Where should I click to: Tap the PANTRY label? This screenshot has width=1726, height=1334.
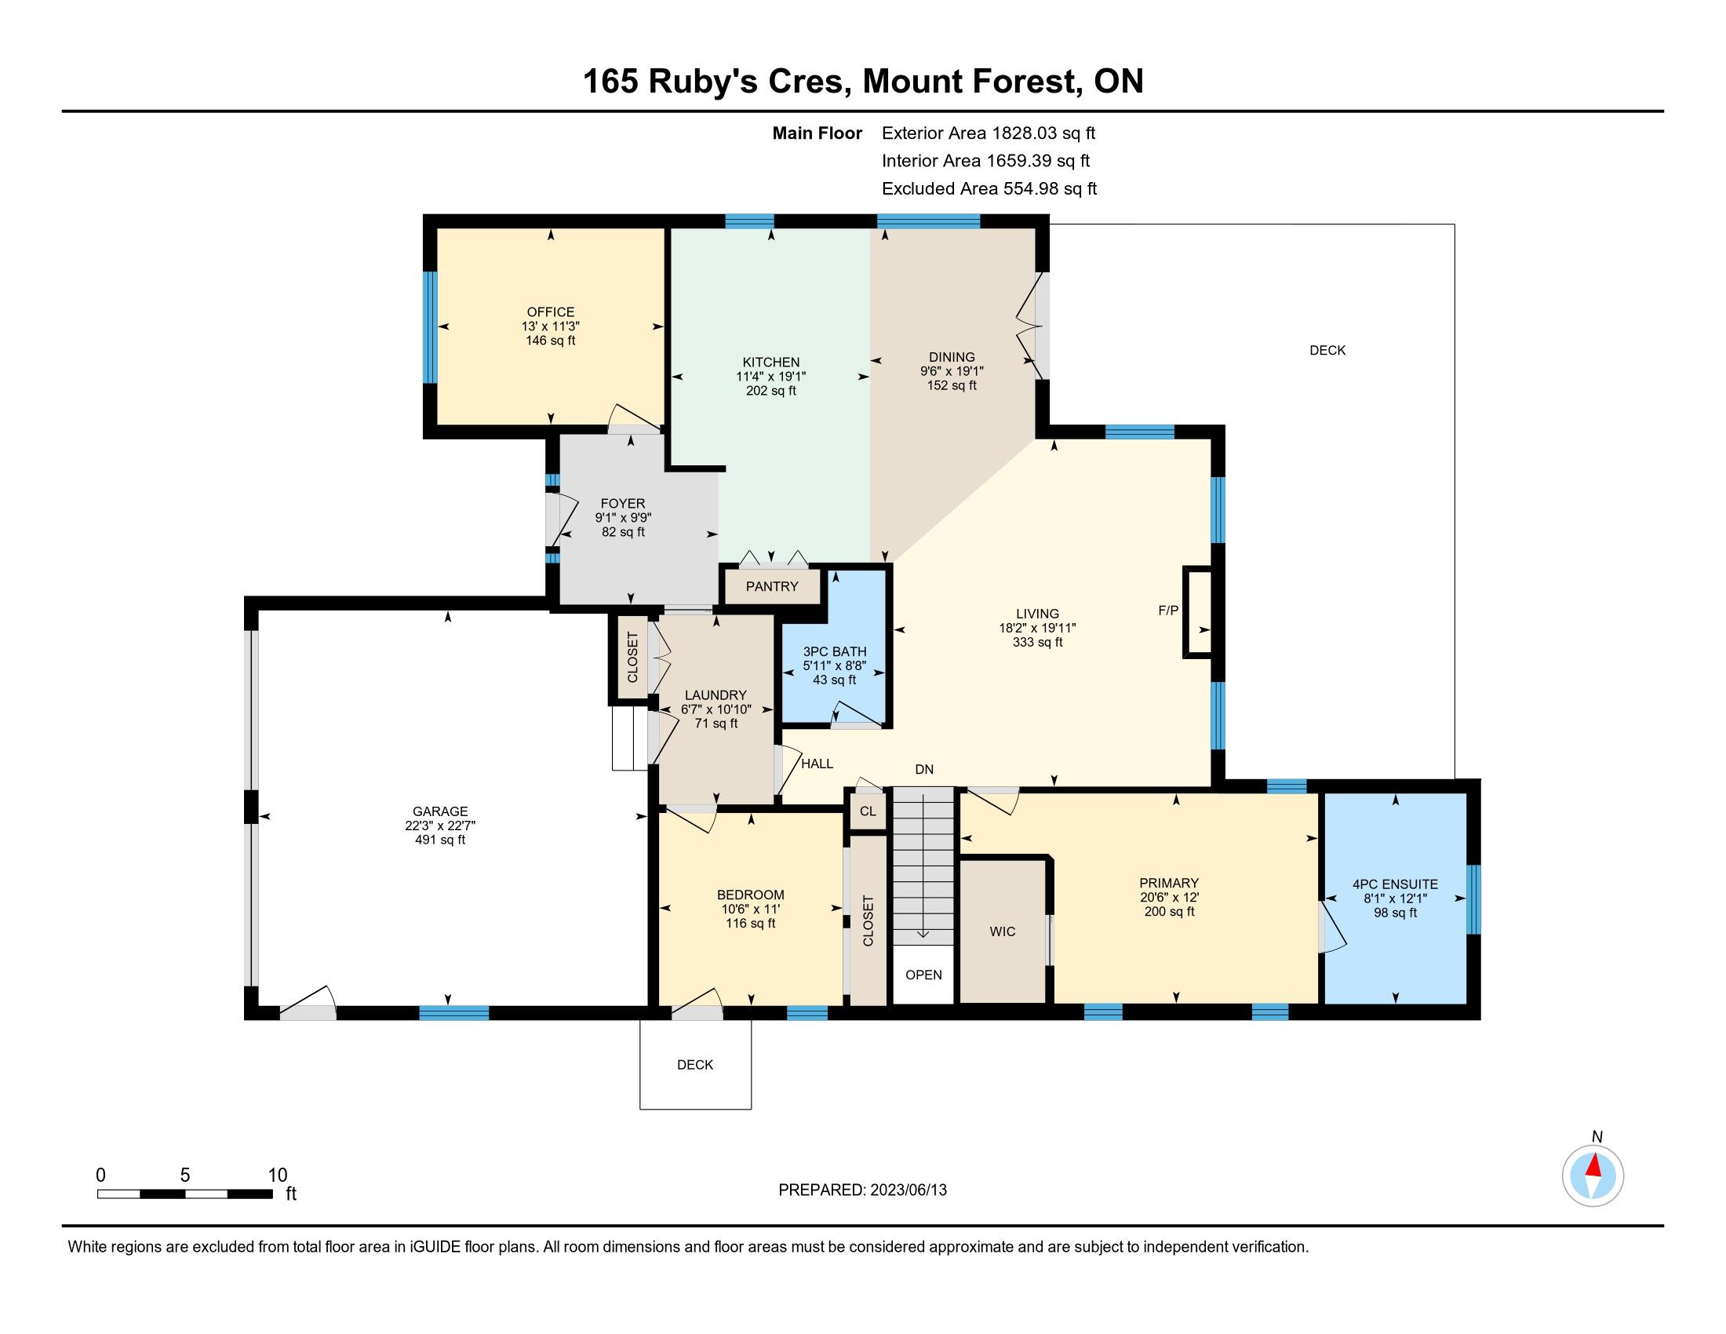(772, 586)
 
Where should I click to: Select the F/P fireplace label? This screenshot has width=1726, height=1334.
(1168, 610)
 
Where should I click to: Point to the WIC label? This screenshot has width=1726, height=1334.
(1002, 931)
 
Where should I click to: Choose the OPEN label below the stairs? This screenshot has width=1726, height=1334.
(924, 975)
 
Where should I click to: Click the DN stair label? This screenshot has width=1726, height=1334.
(924, 769)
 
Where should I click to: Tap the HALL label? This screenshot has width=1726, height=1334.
(817, 764)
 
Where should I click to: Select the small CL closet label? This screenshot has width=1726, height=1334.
(868, 811)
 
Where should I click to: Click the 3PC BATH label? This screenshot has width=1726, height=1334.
(835, 652)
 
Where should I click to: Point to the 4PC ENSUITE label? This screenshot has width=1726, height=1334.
(1395, 884)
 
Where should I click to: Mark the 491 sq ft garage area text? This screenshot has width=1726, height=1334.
(440, 840)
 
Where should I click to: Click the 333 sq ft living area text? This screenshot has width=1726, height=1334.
(1038, 643)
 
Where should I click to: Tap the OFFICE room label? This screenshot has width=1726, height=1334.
(551, 312)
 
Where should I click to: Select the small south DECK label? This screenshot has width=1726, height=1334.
(695, 1066)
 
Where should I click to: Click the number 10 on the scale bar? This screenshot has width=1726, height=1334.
(278, 1175)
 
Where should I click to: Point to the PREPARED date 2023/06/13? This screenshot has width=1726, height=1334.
(907, 1190)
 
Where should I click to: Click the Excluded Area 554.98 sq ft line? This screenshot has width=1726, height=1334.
(989, 189)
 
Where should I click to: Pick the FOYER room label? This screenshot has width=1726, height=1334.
(623, 504)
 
